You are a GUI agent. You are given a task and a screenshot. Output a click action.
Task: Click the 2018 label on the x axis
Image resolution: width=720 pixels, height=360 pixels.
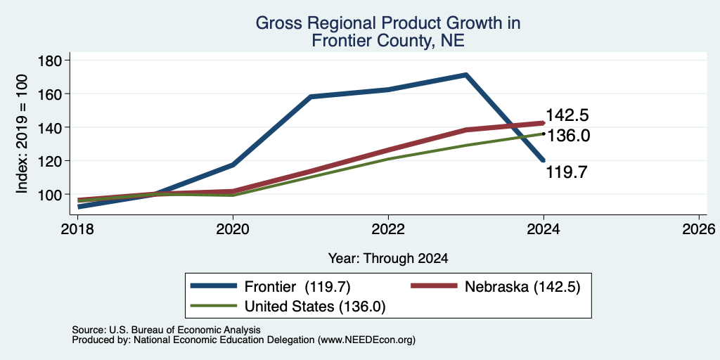tap(77, 229)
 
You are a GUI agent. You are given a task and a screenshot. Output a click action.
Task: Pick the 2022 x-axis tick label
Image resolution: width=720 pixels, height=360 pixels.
tap(388, 229)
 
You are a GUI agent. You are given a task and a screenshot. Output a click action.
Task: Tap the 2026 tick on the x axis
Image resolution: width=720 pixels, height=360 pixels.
tap(699, 229)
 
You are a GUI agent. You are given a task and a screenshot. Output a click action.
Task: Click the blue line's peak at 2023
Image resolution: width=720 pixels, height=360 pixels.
tap(465, 75)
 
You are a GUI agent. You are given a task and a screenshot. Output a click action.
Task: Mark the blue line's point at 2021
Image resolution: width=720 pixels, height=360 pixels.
tap(311, 96)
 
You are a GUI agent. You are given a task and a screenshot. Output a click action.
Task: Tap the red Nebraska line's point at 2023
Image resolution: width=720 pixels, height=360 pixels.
tap(466, 130)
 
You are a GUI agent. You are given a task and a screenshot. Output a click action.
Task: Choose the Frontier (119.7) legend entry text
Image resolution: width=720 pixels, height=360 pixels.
tap(297, 287)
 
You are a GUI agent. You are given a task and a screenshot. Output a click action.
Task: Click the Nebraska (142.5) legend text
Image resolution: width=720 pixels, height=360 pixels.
tap(522, 287)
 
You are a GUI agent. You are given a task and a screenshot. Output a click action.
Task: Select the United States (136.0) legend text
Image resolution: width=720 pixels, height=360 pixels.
tap(314, 307)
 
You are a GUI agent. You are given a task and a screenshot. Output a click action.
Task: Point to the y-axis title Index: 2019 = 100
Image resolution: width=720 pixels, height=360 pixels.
tap(22, 134)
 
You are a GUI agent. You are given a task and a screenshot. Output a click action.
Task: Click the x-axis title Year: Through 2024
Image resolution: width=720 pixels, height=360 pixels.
tap(388, 259)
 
